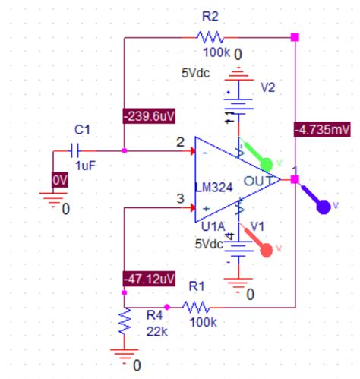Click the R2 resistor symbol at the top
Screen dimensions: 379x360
(210, 36)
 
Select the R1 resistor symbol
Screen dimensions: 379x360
(197, 307)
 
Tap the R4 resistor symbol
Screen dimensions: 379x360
(123, 325)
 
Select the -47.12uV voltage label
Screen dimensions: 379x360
(147, 279)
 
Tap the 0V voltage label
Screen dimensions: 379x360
(60, 180)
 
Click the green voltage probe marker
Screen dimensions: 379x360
(267, 163)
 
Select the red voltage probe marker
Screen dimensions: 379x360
(267, 248)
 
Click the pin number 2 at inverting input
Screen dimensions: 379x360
(180, 141)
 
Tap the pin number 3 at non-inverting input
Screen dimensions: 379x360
(180, 199)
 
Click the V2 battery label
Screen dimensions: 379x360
(267, 87)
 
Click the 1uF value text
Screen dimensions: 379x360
(85, 166)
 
